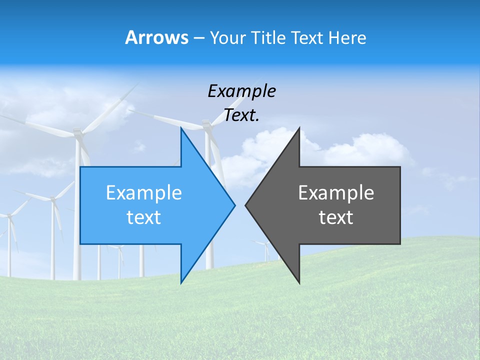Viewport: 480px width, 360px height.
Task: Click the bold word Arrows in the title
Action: point(157,37)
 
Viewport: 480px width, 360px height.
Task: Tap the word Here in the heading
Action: point(347,38)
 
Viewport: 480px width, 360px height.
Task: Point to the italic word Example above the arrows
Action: point(241,91)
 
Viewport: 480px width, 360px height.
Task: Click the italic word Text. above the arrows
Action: point(241,115)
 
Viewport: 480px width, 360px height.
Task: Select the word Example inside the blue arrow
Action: point(144,193)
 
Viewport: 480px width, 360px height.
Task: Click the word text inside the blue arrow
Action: point(144,217)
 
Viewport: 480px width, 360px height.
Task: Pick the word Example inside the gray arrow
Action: point(336,193)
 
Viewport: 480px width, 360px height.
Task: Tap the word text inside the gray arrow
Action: point(336,217)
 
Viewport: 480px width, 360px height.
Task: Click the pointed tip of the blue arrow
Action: point(234,205)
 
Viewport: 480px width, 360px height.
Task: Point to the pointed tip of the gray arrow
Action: point(246,205)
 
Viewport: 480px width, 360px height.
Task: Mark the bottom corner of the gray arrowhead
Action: point(299,282)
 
